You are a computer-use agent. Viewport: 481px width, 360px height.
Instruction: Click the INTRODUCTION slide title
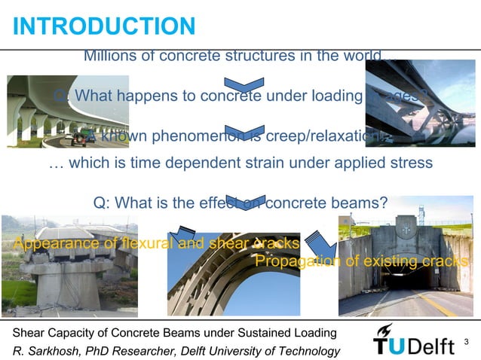(104, 26)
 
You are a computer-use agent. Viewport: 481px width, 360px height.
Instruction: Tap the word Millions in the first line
(109, 56)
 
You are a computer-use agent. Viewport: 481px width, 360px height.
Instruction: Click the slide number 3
(467, 343)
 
